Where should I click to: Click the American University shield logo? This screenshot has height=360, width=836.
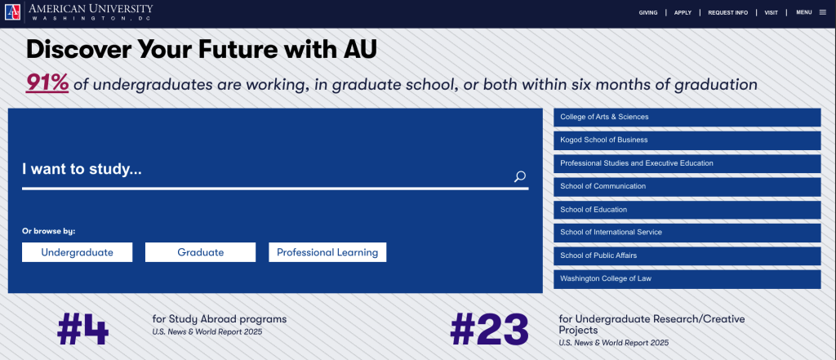[x=13, y=11]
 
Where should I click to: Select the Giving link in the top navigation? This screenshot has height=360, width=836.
[x=647, y=13]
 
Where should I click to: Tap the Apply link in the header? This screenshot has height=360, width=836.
[x=683, y=13]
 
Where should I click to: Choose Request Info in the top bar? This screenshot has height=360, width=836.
[x=727, y=13]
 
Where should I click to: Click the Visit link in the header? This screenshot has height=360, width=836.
[x=771, y=13]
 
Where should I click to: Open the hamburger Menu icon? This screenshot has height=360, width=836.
[x=823, y=12]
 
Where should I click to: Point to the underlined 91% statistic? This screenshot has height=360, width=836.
[x=47, y=83]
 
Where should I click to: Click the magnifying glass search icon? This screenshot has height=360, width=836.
[x=520, y=176]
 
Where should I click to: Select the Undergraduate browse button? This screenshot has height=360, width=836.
[x=78, y=252]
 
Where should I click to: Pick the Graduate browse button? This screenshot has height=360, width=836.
[x=201, y=252]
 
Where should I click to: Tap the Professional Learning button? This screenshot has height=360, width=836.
[x=327, y=252]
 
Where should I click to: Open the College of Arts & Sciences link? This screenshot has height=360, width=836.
[x=687, y=118]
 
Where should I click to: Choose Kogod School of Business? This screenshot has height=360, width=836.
[x=687, y=140]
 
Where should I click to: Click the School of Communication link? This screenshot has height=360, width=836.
[x=687, y=187]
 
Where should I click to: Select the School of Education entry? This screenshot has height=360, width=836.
[x=687, y=210]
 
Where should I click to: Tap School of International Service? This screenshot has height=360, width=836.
[x=687, y=233]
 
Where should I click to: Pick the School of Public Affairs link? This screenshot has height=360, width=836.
[x=687, y=256]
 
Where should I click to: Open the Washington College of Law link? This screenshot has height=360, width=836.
[x=687, y=279]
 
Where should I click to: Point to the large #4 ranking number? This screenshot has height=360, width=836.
[x=82, y=329]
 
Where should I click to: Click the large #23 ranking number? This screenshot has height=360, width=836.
[x=490, y=329]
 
